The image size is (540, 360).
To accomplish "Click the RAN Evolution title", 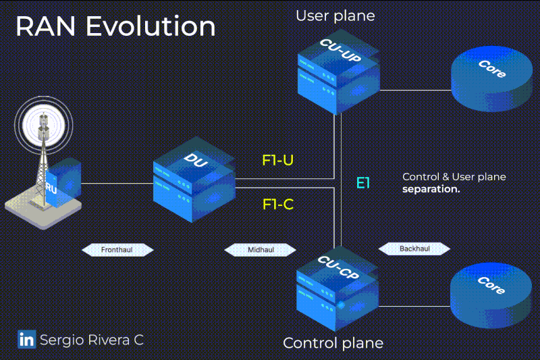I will click(115, 26).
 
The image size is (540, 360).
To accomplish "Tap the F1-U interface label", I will click(277, 160).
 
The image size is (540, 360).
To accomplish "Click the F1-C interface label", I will click(277, 204).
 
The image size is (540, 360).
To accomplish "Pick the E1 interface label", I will click(363, 182).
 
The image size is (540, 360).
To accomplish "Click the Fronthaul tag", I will click(117, 249).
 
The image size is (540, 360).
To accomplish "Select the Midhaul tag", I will click(261, 249).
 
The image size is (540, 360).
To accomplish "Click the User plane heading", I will click(335, 15).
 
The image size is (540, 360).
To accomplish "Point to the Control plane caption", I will click(333, 342).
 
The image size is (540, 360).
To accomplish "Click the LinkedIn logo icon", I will click(26, 339).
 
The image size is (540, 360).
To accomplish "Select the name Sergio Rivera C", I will click(91, 339).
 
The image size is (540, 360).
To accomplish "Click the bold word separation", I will click(431, 189).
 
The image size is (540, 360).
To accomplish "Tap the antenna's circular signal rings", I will click(44, 122).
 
